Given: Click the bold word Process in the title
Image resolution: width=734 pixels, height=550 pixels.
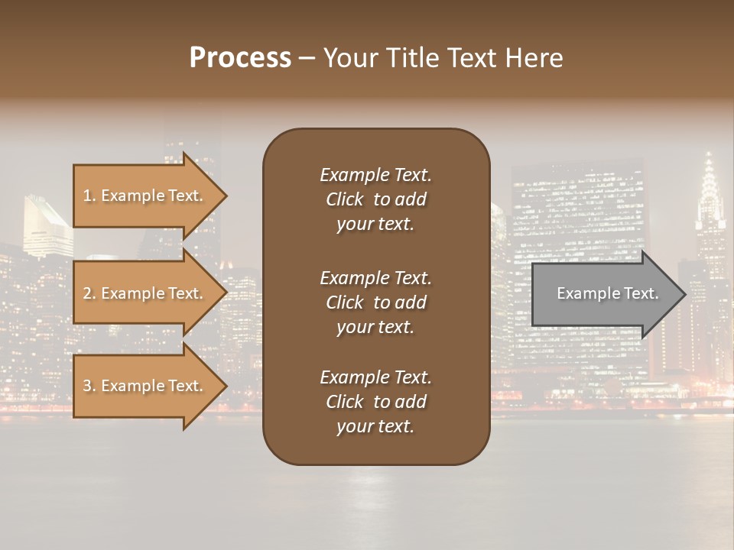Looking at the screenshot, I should click(x=240, y=58).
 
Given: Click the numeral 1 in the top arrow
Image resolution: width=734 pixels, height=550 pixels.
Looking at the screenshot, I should click(x=86, y=196).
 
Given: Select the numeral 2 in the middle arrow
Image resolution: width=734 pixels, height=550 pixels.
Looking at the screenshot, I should click(x=87, y=293).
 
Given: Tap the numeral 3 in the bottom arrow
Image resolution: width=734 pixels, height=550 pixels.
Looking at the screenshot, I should click(x=87, y=386).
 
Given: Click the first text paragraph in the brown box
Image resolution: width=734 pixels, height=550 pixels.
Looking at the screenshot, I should click(x=375, y=199).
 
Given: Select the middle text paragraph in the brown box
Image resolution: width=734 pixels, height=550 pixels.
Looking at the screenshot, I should click(x=375, y=302).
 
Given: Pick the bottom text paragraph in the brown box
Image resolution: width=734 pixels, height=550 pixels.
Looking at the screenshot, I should click(x=375, y=402).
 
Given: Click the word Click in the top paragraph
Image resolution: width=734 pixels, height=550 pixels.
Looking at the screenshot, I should click(x=344, y=199).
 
